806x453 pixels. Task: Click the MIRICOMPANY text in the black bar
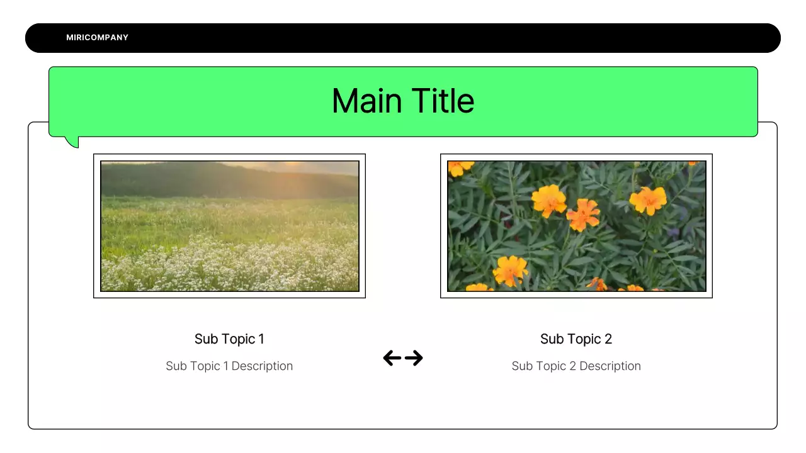point(97,38)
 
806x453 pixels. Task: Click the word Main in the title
point(367,101)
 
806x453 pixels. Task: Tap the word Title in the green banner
point(443,101)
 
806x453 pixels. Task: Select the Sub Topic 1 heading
point(229,339)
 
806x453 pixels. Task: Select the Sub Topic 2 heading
point(576,339)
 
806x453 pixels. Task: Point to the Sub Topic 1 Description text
point(229,366)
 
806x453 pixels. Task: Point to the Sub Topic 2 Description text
point(576,366)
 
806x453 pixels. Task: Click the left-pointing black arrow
point(392,359)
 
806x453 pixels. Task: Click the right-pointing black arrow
point(414,359)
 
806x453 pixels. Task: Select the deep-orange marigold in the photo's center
point(582,215)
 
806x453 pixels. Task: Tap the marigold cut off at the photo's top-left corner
point(458,167)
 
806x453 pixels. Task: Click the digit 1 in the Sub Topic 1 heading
point(261,339)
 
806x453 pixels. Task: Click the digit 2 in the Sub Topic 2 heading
point(608,339)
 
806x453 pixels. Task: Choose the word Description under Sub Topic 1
point(262,366)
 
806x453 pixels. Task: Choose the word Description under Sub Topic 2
point(610,366)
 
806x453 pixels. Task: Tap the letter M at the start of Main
point(344,101)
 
